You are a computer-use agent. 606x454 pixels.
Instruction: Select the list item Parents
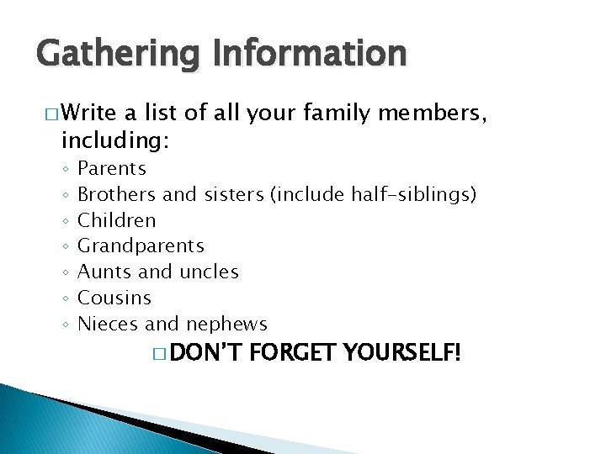click(112, 169)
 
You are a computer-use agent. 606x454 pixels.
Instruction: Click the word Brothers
click(117, 195)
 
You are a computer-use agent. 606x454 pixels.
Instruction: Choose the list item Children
click(117, 220)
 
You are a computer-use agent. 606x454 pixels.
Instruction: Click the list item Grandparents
click(141, 246)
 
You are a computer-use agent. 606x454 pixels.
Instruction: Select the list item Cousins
click(114, 298)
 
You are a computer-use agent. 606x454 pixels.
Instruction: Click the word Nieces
click(109, 324)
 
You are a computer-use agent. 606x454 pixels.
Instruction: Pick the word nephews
click(226, 324)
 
